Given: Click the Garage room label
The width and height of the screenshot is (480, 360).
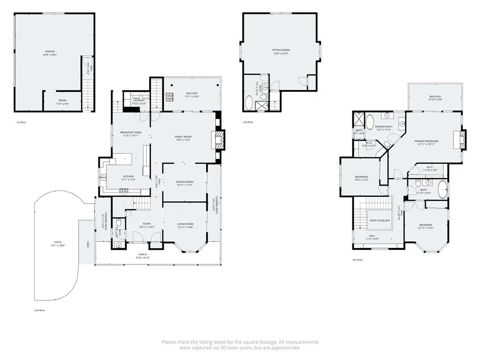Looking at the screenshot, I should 50,51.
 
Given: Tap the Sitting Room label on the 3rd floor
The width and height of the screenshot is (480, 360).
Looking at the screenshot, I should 281,50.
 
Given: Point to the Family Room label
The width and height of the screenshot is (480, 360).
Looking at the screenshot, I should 183,137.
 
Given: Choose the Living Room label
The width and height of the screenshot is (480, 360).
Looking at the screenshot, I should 185,224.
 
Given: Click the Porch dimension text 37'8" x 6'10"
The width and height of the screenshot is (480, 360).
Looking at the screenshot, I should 142,258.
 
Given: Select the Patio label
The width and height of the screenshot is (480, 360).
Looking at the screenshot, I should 56,242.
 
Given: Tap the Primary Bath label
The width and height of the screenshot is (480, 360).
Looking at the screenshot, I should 383,127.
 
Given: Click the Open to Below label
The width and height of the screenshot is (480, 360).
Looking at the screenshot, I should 380,220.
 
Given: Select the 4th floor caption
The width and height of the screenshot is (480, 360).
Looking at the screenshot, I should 358,259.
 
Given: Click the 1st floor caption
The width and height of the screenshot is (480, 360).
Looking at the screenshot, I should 21,122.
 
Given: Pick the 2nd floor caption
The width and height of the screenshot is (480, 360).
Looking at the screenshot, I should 39,310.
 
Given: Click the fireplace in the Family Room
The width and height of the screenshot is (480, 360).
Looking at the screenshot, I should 218,139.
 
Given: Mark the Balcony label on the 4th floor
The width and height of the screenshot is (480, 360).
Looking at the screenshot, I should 435,97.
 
